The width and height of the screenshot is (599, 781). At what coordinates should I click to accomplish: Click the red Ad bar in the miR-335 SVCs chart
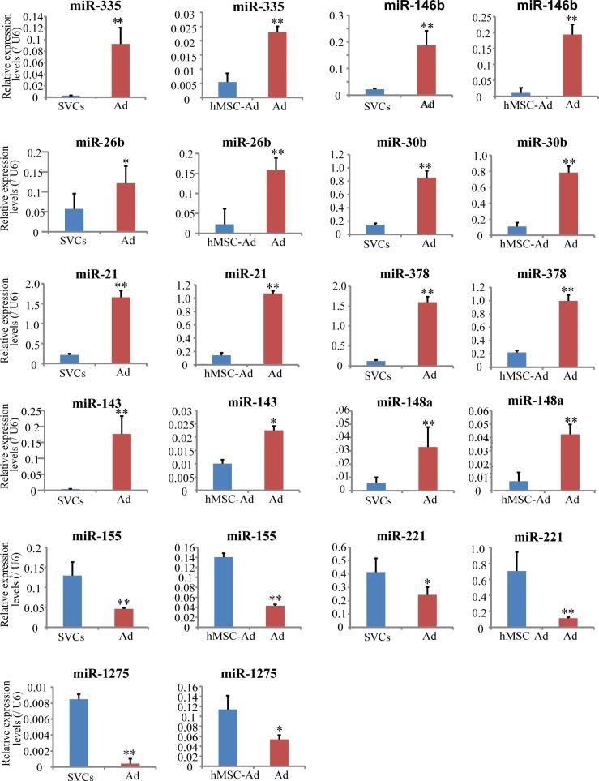coord(120,71)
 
